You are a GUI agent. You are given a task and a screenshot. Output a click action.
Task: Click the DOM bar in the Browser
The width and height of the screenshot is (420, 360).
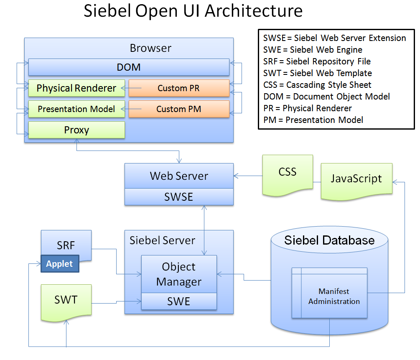tap(129, 67)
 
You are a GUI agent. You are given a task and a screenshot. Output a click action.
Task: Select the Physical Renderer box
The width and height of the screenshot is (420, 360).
tap(76, 88)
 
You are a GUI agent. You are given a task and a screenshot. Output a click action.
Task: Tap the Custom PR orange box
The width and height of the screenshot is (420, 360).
tap(179, 88)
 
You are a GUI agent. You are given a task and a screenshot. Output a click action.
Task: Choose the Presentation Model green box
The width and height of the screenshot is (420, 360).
tap(76, 109)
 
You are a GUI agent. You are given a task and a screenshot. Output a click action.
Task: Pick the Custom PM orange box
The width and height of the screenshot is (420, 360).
tap(179, 109)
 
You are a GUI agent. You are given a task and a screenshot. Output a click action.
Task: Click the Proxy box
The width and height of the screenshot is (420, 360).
tap(76, 130)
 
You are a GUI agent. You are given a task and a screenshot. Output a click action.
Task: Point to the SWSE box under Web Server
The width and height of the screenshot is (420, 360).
tap(179, 197)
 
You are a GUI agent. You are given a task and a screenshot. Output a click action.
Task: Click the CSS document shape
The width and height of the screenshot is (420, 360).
tap(288, 173)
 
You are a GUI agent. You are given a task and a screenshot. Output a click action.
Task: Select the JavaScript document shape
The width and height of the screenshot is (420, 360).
tap(356, 179)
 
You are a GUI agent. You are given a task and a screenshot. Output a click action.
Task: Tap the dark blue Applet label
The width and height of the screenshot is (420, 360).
tap(59, 264)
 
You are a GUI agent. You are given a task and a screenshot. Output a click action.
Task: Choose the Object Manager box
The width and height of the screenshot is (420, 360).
tap(179, 274)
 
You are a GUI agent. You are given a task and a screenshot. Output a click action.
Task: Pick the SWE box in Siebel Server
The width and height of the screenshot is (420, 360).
tap(179, 301)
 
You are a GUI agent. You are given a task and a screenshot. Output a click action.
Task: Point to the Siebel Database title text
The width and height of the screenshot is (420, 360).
tap(329, 240)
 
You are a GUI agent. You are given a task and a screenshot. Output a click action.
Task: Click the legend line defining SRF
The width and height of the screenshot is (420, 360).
tap(317, 61)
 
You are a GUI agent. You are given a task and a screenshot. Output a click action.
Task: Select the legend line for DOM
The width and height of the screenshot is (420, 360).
tap(326, 97)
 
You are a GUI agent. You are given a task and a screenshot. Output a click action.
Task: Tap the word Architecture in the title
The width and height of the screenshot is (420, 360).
tap(254, 11)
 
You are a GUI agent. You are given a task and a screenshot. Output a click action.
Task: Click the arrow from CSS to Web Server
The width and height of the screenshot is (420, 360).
tap(248, 176)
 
